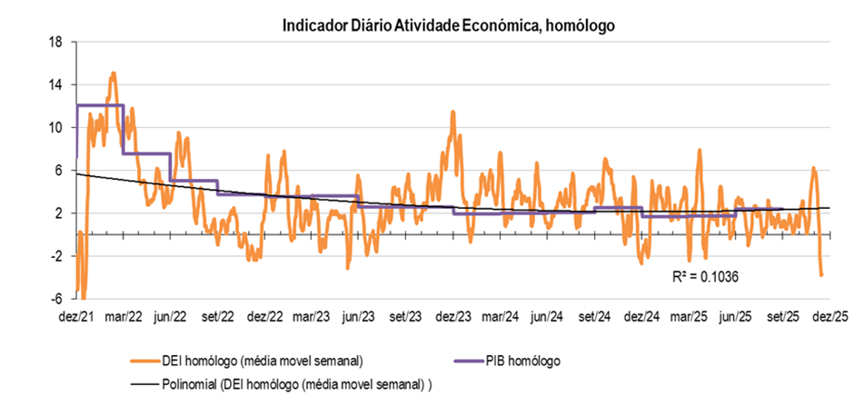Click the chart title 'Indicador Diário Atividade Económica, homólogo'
[x=449, y=25]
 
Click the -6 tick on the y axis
[x=56, y=299]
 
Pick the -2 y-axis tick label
[x=56, y=256]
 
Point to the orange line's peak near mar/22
[x=113, y=73]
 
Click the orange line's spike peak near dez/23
[x=452, y=112]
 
